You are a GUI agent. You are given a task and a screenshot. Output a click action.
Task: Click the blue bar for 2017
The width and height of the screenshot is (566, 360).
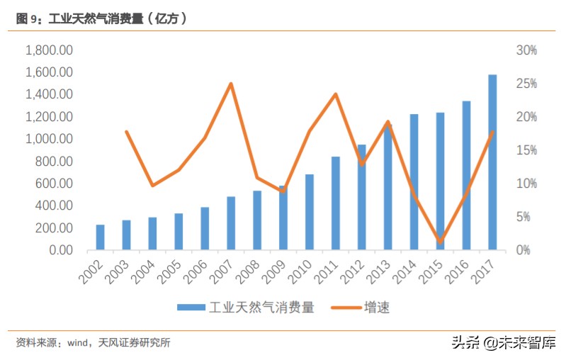point(492,162)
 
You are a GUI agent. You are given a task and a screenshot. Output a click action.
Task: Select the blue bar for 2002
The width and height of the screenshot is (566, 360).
point(101,237)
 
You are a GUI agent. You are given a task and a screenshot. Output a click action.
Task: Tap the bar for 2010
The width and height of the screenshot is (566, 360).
point(310,212)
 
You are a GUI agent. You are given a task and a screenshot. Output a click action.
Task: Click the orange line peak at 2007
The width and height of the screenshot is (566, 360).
point(231,84)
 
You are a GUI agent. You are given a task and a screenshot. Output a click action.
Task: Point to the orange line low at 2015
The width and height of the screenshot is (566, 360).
point(440,242)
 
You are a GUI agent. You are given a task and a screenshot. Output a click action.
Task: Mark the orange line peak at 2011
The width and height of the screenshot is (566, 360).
point(336,94)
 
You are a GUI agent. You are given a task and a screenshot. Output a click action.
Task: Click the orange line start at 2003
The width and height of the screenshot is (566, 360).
point(126,132)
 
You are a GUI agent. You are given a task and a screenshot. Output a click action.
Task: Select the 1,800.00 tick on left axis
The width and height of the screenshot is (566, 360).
point(50,50)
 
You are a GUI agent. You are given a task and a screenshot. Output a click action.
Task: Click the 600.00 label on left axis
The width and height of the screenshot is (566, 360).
point(54,184)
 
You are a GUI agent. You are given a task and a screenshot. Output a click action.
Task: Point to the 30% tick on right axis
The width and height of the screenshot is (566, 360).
point(526,50)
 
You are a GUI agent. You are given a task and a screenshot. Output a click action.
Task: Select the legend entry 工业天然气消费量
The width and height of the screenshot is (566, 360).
point(244,308)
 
